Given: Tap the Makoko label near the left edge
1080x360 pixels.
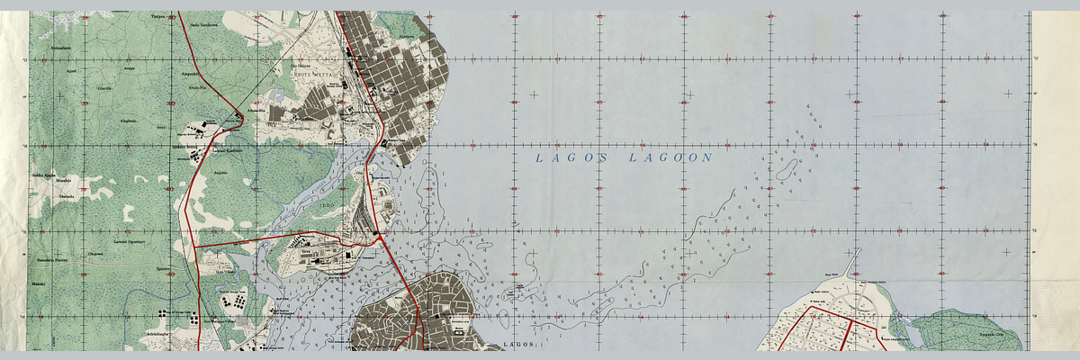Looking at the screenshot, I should click(x=38, y=284).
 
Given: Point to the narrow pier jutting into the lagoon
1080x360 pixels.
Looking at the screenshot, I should click(x=850, y=262).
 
